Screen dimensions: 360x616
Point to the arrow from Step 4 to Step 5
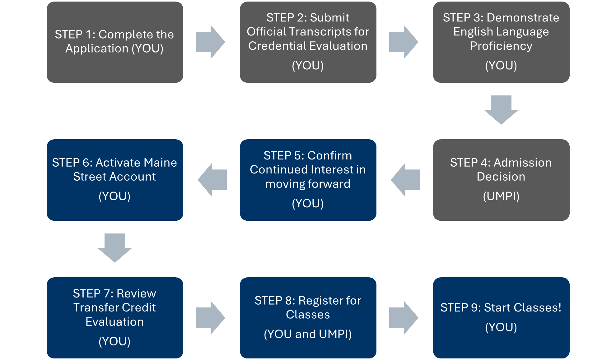406,180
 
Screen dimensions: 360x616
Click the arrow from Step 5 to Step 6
212,180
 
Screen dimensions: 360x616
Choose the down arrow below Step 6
114,247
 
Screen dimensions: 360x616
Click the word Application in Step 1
97,48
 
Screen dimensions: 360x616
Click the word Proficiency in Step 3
501,46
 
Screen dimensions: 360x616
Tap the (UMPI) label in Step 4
501,196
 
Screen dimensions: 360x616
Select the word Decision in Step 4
501,177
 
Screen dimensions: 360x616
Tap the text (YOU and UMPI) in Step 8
308,334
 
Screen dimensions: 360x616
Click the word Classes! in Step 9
537,307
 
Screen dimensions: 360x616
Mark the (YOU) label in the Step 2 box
308,66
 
